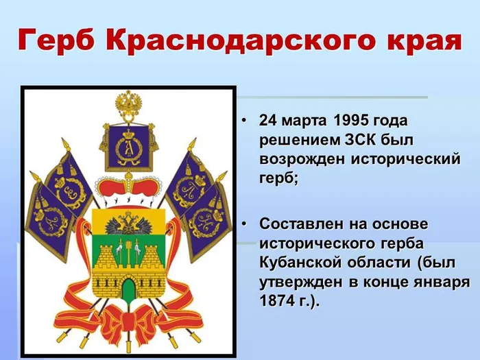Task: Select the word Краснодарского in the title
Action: click(239, 41)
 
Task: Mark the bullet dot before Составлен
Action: click(244, 225)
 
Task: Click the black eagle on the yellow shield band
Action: click(128, 223)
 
